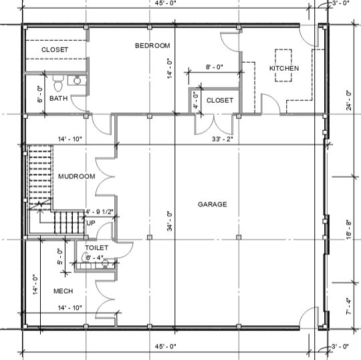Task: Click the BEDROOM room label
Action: point(152,45)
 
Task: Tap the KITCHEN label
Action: point(284,68)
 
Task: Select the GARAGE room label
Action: point(213,204)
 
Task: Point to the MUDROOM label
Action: point(77,176)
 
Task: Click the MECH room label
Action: point(64,291)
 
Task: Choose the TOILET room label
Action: point(96,248)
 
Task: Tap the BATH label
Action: point(58,98)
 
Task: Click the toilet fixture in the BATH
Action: point(58,83)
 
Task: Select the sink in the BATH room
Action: point(77,81)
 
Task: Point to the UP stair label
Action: point(91,223)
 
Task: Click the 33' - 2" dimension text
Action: point(223,139)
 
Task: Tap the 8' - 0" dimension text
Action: point(215,67)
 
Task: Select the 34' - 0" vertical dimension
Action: point(170,221)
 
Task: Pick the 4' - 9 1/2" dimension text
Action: point(99,212)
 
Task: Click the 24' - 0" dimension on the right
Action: point(349,100)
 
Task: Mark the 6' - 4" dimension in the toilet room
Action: point(95,258)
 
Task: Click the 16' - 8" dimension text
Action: point(349,230)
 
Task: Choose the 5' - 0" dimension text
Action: point(60,256)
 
